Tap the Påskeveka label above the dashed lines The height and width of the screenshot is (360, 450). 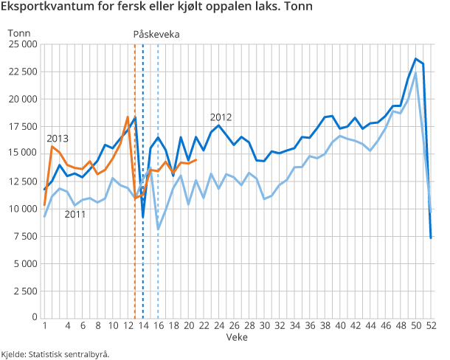click(156, 35)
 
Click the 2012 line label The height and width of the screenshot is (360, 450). click(221, 117)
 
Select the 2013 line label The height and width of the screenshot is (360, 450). click(58, 139)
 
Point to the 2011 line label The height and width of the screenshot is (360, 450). click(75, 214)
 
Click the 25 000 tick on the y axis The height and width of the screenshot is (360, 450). click(22, 44)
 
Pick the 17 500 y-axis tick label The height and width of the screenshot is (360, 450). click(22, 126)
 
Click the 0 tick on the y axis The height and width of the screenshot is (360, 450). click(34, 317)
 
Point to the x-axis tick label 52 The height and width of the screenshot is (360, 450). click(431, 325)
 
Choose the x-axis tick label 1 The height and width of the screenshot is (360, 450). click(45, 325)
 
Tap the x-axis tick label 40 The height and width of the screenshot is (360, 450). click(340, 325)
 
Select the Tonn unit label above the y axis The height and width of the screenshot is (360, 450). click(18, 32)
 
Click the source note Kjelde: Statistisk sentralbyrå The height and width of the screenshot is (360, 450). click(56, 353)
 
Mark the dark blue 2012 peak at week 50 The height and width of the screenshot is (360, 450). click(416, 59)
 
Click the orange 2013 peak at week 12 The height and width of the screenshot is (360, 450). click(128, 117)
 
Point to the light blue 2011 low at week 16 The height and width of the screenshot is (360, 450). click(158, 229)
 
